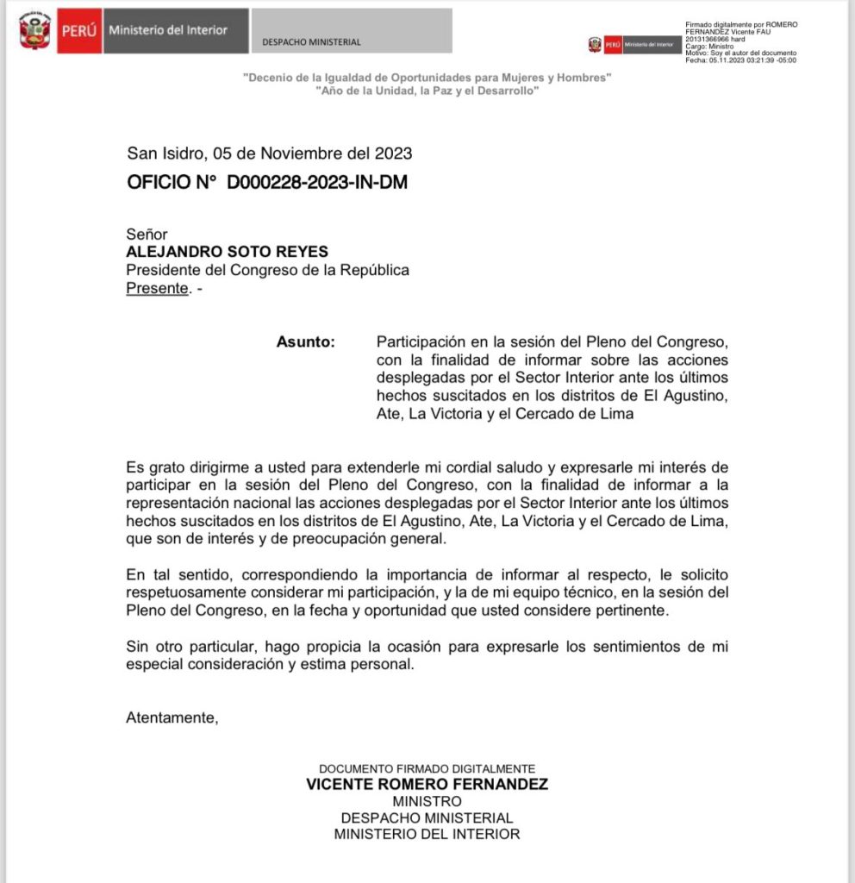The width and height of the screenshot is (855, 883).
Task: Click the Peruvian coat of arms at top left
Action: (34, 31)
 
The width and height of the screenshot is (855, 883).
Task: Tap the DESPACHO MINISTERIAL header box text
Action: (312, 42)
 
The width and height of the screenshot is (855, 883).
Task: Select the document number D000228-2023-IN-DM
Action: (317, 182)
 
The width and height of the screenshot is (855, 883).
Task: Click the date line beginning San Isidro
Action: (269, 153)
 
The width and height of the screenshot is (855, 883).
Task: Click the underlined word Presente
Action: (157, 289)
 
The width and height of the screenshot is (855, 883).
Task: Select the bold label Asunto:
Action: (305, 342)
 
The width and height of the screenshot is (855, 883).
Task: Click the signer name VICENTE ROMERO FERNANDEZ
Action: (427, 785)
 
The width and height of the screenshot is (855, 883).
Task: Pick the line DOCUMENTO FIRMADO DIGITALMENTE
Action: (427, 768)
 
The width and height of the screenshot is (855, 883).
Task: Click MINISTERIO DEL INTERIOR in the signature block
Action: (427, 834)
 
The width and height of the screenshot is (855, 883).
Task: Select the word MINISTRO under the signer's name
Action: (427, 801)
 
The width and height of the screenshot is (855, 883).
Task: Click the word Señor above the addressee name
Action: (147, 235)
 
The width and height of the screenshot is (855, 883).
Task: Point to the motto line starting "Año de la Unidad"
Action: (427, 91)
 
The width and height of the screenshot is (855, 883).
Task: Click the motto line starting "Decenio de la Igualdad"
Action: (427, 78)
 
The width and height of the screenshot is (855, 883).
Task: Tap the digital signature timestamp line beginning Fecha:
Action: (740, 60)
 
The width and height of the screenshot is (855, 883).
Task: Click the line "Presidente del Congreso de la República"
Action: (267, 271)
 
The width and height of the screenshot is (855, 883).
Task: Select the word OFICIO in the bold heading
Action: (162, 182)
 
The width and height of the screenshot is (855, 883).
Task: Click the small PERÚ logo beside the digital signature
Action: (613, 44)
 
